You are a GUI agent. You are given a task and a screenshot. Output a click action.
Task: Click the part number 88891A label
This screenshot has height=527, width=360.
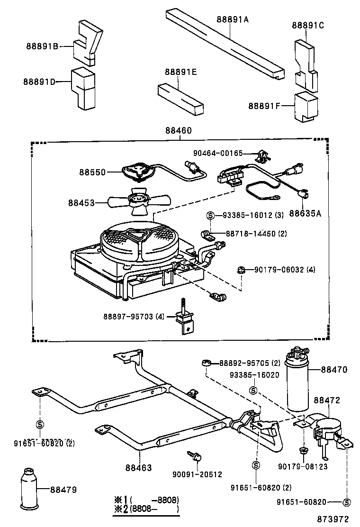233,19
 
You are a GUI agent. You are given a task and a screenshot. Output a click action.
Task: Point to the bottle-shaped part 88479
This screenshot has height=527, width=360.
30,489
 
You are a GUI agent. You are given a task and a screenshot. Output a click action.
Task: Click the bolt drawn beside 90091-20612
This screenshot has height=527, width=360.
194,456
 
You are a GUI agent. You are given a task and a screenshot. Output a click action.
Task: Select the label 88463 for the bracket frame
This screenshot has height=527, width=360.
138,468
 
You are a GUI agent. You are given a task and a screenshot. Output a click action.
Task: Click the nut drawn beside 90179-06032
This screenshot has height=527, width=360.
241,270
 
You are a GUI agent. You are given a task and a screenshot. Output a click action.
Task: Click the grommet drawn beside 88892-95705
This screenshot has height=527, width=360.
207,363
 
